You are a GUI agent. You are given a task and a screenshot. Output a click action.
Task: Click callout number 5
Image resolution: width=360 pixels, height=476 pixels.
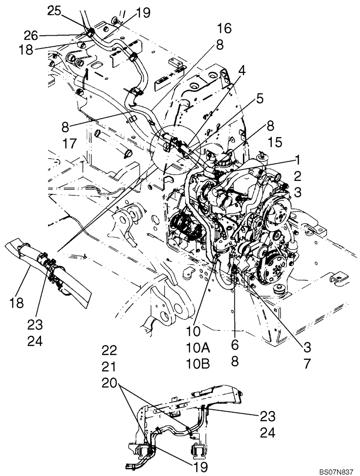click(260, 99)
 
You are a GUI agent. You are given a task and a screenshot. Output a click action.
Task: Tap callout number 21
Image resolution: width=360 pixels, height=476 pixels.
click(109, 368)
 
